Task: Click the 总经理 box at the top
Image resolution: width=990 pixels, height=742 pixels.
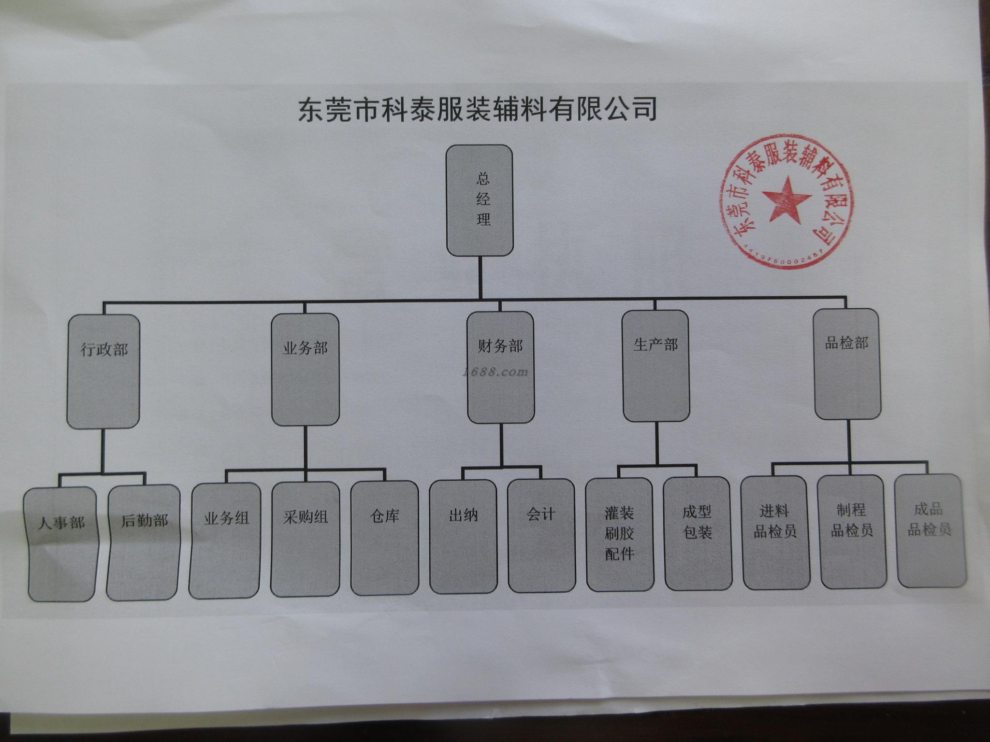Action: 480,200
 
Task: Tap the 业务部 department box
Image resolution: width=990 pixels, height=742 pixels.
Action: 305,369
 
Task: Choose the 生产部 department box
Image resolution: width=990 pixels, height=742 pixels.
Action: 655,366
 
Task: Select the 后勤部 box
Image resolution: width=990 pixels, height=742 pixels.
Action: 144,542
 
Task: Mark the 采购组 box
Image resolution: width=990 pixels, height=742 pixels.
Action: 305,539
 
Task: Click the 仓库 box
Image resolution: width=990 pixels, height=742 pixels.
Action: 384,537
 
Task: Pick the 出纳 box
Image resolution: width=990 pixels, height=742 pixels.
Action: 463,536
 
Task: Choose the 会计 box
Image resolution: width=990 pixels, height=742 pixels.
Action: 541,535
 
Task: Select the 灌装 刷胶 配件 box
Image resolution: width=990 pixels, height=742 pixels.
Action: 619,534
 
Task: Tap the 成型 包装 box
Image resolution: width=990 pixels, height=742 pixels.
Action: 697,533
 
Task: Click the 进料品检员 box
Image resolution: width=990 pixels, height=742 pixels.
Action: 775,532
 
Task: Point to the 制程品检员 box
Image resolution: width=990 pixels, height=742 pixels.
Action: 852,531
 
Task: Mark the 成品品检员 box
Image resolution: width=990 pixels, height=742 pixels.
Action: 929,530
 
